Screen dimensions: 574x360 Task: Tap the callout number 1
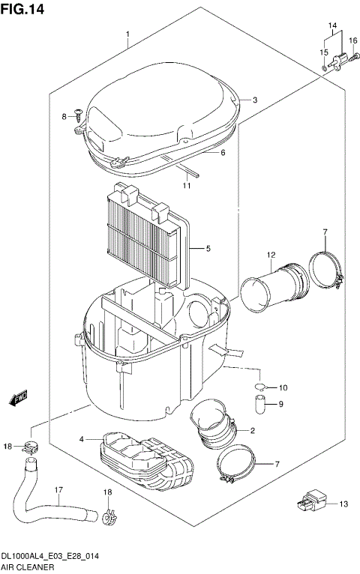pyautogui.click(x=128, y=34)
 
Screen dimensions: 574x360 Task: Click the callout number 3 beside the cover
pyautogui.click(x=254, y=100)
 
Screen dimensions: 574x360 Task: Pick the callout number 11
pyautogui.click(x=223, y=153)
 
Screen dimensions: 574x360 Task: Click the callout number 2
pyautogui.click(x=253, y=430)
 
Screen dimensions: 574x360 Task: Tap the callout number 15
pyautogui.click(x=324, y=52)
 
